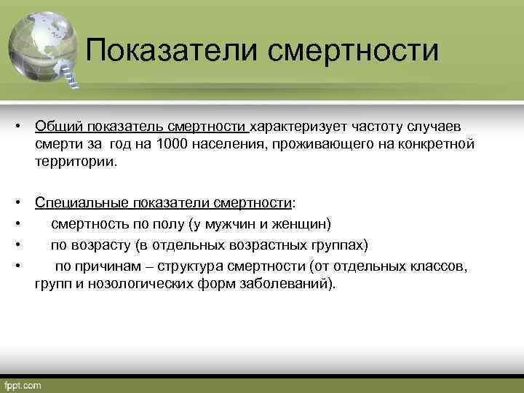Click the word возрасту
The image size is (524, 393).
point(98,244)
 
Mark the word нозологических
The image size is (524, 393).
point(140,283)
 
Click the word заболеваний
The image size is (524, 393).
point(295,283)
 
